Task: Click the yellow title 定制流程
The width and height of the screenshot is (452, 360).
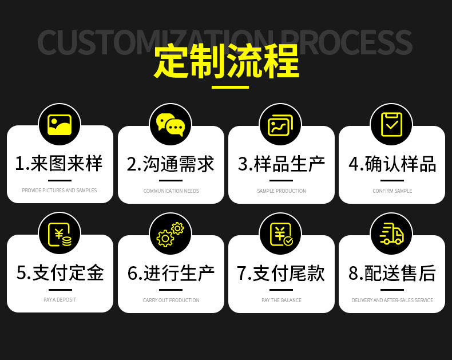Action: (226, 62)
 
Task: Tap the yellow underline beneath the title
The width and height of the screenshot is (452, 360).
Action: (230, 88)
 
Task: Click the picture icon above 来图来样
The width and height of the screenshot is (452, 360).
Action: (60, 124)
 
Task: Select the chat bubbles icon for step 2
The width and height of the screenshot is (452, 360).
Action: (171, 124)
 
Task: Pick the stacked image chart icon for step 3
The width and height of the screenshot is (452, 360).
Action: (281, 124)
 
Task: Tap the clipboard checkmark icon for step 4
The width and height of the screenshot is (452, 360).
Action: (392, 124)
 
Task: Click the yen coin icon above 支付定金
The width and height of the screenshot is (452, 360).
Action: (60, 234)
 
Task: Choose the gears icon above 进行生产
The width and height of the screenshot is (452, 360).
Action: (171, 234)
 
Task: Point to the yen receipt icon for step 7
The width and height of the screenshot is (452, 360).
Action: (281, 234)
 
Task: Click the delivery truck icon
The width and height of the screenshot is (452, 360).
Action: (392, 234)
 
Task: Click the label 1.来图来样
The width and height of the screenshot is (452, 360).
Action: (59, 164)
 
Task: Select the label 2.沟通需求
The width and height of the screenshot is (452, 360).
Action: (171, 164)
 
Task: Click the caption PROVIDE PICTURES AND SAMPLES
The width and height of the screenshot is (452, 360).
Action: (60, 191)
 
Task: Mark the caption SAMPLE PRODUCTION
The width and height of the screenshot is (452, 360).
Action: (281, 191)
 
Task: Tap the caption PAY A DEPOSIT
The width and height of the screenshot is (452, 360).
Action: (60, 300)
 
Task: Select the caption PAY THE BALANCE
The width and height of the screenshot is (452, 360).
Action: (281, 300)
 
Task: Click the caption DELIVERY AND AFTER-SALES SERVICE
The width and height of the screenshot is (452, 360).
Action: (392, 300)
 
